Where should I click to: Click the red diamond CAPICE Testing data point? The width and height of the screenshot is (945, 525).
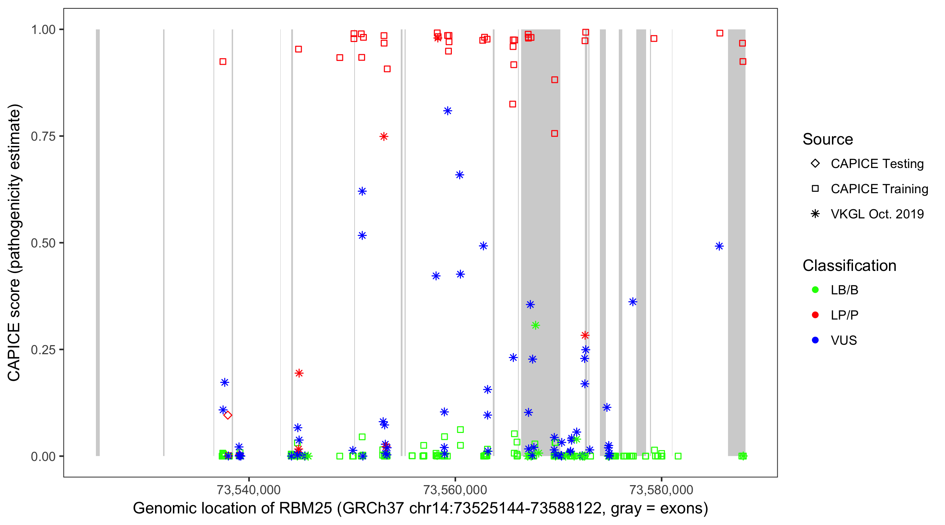click(x=228, y=415)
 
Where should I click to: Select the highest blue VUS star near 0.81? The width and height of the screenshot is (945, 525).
click(x=448, y=111)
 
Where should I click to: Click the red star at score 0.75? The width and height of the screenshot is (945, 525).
click(x=384, y=136)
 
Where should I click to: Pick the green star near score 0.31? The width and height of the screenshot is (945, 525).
click(x=535, y=325)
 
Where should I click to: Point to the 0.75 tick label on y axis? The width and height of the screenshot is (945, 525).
click(x=43, y=136)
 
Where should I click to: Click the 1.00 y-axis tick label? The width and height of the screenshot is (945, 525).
click(x=43, y=30)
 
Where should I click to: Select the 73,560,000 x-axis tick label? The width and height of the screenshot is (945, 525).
click(x=455, y=490)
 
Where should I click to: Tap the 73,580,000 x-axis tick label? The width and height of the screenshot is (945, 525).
click(x=661, y=490)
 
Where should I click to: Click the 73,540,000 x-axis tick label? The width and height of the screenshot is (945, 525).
click(x=249, y=490)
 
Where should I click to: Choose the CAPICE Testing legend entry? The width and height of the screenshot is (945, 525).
click(x=877, y=164)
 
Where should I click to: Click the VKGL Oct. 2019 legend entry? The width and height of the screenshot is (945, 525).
click(x=877, y=214)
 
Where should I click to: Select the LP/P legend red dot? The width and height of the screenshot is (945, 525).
click(x=815, y=315)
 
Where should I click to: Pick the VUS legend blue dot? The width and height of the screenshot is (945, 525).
click(x=815, y=340)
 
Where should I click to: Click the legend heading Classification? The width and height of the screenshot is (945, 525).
click(x=849, y=266)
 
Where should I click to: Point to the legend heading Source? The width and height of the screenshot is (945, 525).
click(x=827, y=139)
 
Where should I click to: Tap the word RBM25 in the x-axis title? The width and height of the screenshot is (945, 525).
click(x=305, y=509)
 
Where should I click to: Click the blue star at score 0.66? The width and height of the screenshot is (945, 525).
click(x=460, y=175)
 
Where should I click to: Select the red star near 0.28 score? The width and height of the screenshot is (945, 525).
click(x=585, y=335)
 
